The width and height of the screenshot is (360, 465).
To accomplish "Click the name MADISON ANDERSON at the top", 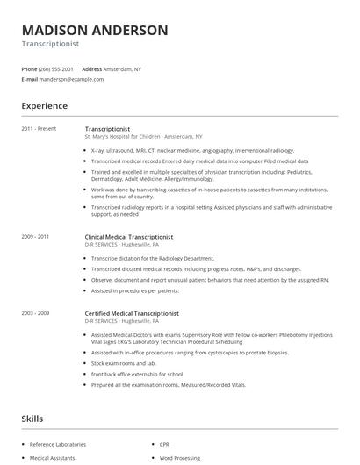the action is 94,30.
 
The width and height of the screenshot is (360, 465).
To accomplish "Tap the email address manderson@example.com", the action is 71,79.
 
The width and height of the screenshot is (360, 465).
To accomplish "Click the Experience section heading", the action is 45,106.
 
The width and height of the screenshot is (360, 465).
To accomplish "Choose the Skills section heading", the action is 32,419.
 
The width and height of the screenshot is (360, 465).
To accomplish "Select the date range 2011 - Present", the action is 39,129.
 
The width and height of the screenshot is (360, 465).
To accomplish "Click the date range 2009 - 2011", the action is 35,236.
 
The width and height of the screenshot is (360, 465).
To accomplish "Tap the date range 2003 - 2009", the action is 35,313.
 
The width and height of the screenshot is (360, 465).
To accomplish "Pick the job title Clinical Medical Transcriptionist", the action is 128,236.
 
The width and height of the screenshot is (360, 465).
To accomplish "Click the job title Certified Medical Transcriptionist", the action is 131,313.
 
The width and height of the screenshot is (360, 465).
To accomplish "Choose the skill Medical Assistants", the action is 54,458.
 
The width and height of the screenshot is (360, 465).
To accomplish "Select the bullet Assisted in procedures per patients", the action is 134,290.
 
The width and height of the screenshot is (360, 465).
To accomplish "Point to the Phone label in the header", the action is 29,68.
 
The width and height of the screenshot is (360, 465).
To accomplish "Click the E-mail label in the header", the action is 29,79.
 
